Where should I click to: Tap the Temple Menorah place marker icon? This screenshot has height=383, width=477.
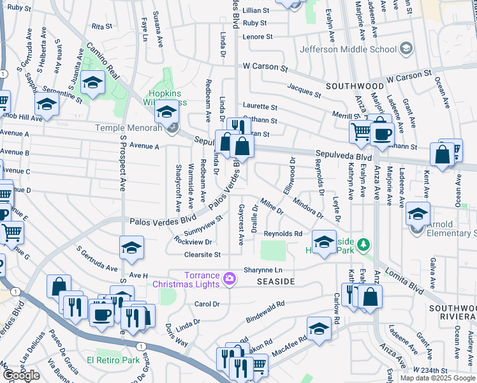[171, 128]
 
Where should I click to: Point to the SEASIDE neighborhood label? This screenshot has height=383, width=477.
[275, 282]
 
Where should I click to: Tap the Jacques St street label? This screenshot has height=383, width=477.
[303, 89]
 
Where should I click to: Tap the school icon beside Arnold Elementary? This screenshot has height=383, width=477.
[418, 213]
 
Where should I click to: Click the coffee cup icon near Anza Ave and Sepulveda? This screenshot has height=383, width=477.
[383, 133]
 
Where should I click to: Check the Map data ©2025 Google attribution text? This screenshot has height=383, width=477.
[437, 378]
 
